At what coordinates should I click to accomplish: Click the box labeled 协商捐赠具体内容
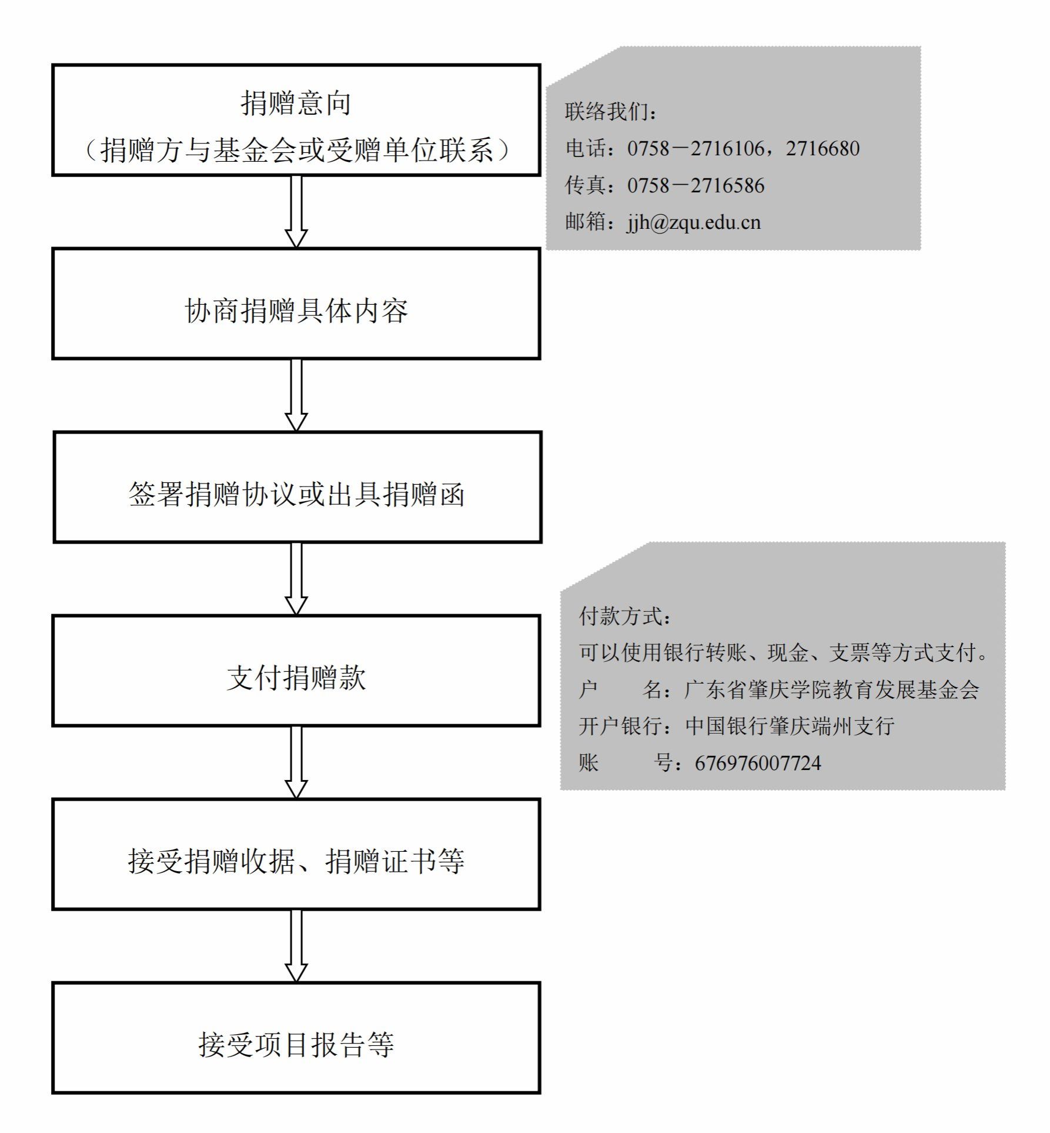296,304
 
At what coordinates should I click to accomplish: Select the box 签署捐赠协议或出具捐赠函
297,487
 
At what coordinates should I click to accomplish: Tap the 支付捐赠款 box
296,671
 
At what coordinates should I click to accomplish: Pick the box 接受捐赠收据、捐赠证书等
296,854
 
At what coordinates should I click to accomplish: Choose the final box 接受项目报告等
296,1038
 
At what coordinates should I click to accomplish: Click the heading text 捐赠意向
296,103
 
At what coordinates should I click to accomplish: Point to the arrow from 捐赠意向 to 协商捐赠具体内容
296,212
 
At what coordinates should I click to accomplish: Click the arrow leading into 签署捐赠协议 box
296,395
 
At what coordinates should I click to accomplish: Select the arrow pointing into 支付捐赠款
296,579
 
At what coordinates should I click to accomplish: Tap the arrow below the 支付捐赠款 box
296,762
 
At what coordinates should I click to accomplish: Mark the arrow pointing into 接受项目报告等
296,946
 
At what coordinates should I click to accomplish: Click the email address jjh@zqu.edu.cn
694,222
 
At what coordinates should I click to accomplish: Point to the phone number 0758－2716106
696,148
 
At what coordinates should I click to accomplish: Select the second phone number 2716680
823,148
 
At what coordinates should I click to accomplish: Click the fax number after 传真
696,185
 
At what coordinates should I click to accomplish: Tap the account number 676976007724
758,763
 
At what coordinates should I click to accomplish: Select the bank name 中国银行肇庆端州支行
790,726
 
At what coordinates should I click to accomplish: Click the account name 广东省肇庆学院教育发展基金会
832,689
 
